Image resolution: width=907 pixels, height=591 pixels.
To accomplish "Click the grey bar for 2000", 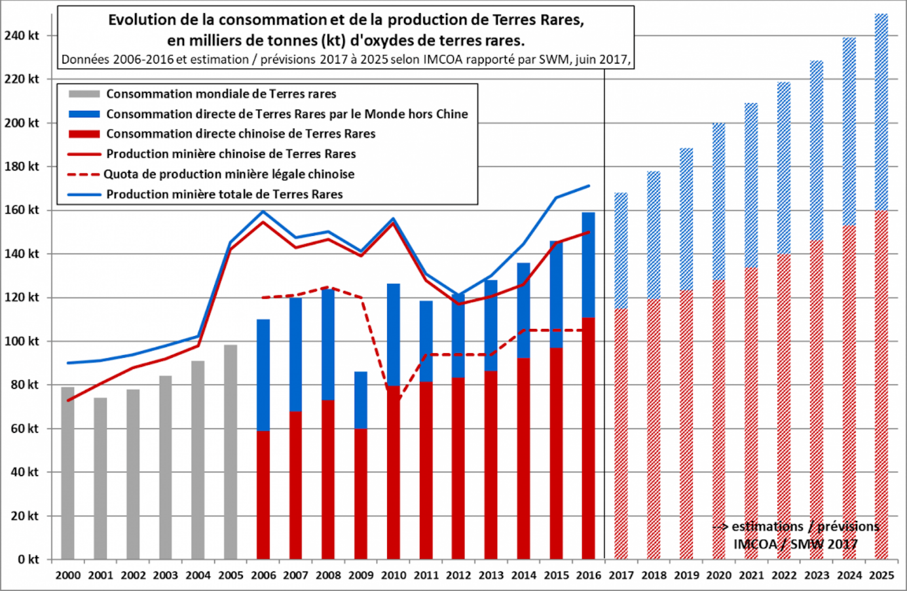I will pyautogui.click(x=67, y=472).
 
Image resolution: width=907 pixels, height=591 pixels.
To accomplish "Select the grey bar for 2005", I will pyautogui.click(x=231, y=452).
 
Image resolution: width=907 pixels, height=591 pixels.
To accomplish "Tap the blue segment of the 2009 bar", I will pyautogui.click(x=361, y=400).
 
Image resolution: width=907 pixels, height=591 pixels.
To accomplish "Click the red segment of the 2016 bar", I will pyautogui.click(x=588, y=439).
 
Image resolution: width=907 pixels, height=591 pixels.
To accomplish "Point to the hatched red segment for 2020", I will pyautogui.click(x=718, y=419).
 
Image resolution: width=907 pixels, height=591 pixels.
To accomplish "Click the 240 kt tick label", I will pyautogui.click(x=22, y=35).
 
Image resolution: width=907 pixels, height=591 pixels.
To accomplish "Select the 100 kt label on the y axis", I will pyautogui.click(x=22, y=341).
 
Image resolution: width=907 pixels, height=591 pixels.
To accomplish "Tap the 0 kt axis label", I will pyautogui.click(x=28, y=560).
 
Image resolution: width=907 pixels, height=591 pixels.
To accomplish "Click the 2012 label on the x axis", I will pyautogui.click(x=458, y=575).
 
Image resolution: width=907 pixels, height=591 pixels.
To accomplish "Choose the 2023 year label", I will pyautogui.click(x=817, y=575).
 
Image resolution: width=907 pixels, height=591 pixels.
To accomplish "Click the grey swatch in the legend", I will pyautogui.click(x=84, y=94).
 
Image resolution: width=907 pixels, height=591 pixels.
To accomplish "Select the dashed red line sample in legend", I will pyautogui.click(x=83, y=174).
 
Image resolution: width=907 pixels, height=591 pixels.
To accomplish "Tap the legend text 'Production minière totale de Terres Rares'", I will pyautogui.click(x=225, y=194).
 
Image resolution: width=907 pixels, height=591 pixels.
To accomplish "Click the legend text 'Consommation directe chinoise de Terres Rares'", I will pyautogui.click(x=241, y=134).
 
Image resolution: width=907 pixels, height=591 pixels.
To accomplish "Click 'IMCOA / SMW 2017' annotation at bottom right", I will pyautogui.click(x=795, y=544).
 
